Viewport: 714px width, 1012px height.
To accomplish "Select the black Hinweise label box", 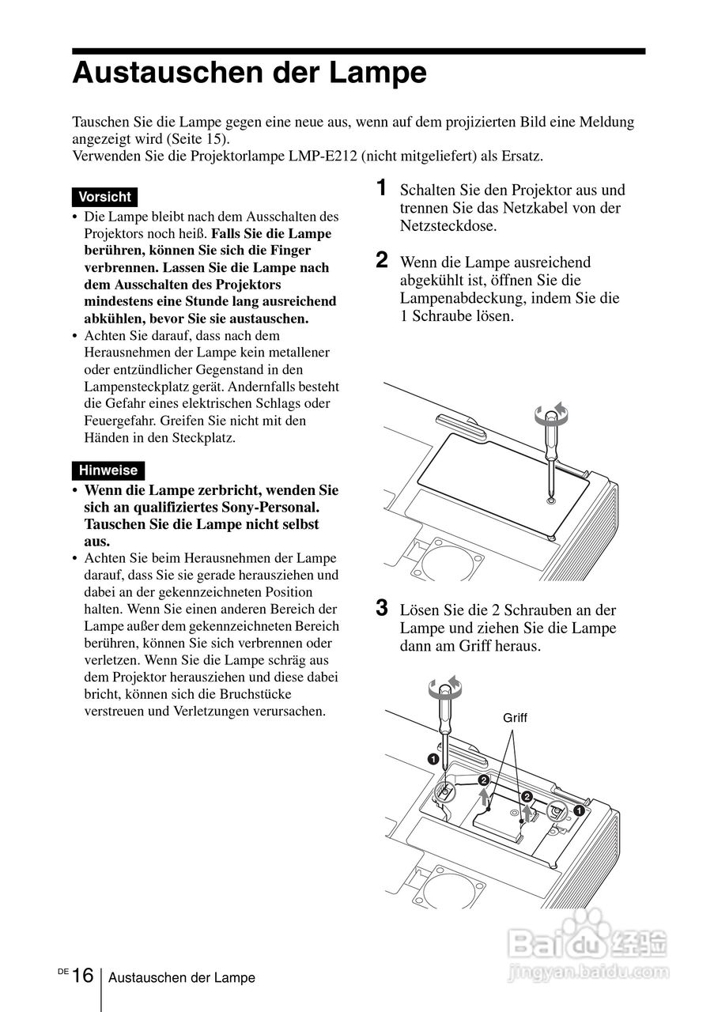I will [x=108, y=470].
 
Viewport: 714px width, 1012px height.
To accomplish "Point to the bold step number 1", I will [x=382, y=188].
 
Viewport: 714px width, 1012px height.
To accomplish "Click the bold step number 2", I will [x=382, y=260].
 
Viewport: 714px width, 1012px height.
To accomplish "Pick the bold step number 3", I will [x=382, y=608].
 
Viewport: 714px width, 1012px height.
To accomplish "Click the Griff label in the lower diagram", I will [x=515, y=719].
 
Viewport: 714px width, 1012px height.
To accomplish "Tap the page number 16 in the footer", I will [x=82, y=976].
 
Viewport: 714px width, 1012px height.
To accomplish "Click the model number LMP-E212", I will [x=328, y=156].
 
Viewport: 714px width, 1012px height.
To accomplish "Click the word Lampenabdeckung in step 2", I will [x=458, y=298].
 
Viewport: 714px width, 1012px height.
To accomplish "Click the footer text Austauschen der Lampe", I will [x=182, y=978].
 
